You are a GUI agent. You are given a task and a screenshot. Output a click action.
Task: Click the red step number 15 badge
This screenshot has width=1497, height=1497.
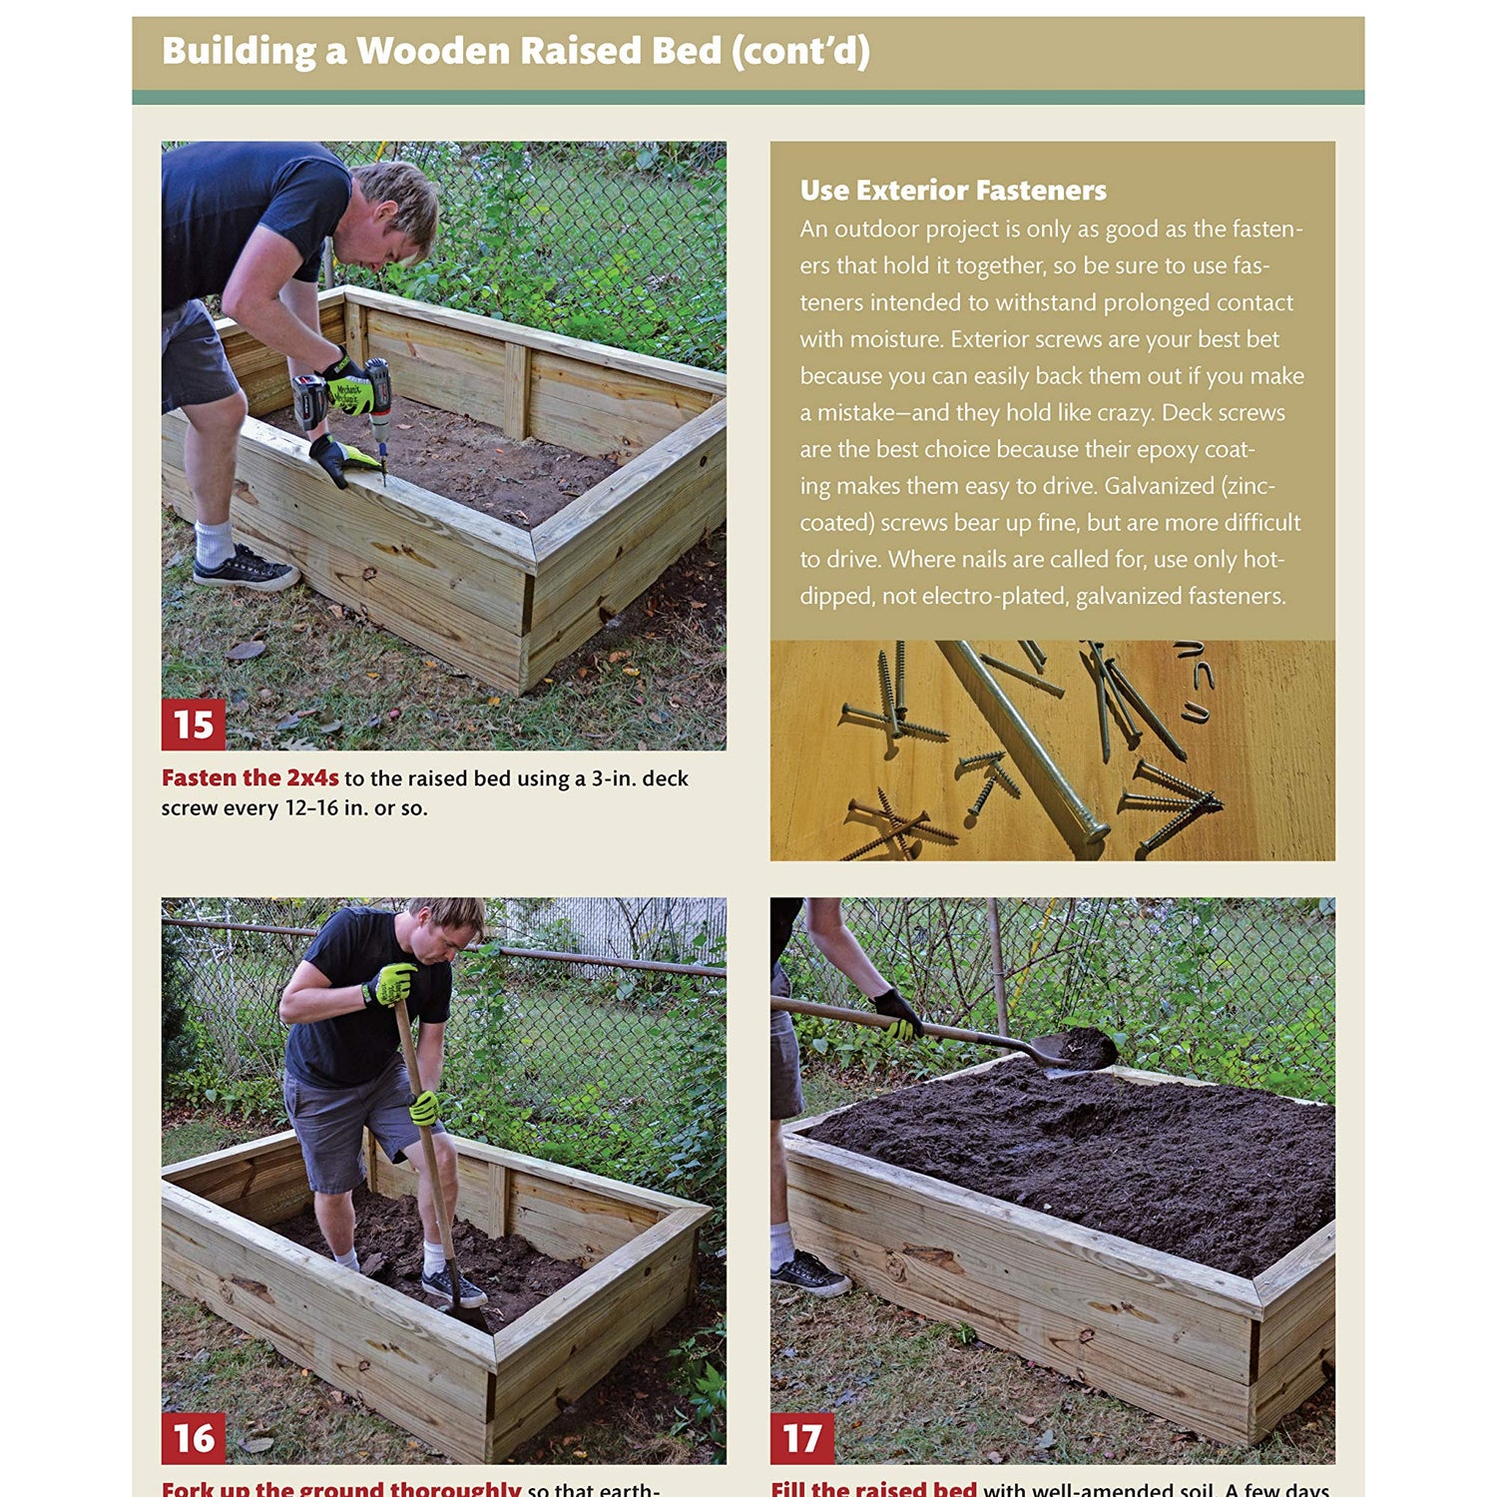(x=193, y=725)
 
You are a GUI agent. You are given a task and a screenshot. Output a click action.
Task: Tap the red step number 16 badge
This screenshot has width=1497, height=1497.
(x=193, y=1438)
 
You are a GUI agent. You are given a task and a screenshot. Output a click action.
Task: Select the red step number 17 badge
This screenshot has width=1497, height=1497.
(x=801, y=1438)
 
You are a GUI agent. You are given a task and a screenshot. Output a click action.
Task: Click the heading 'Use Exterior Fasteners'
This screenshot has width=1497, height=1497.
(x=953, y=190)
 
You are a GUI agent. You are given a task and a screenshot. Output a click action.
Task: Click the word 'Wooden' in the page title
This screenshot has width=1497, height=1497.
(x=432, y=51)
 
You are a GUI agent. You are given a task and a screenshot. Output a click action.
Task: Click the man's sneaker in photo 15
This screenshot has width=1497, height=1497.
(x=245, y=570)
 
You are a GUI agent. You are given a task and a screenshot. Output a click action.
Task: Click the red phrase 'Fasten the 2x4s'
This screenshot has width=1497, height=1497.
(x=249, y=778)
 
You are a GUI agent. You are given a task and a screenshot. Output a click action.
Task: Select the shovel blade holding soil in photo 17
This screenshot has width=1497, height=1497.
(x=1078, y=1051)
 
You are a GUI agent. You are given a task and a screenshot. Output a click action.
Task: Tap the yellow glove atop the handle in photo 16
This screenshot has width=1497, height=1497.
(x=390, y=984)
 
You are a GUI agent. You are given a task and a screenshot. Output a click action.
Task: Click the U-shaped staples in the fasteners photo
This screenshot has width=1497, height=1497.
(x=1195, y=679)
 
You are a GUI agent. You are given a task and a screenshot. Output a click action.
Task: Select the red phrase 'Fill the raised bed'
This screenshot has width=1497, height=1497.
(x=873, y=1488)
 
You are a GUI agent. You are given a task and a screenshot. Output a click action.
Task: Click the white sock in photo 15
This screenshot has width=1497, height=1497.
(x=214, y=543)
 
